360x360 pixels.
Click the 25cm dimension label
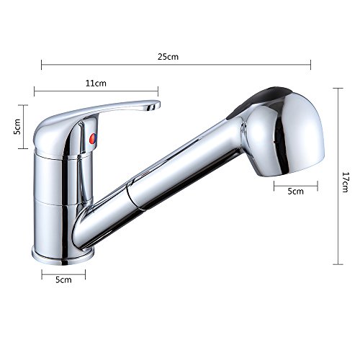click(168, 57)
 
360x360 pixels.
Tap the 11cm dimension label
click(96, 84)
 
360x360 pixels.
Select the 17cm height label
click(345, 182)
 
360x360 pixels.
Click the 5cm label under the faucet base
click(63, 279)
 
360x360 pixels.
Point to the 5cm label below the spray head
click(295, 192)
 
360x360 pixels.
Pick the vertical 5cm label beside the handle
click(17, 126)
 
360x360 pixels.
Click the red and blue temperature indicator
click(93, 139)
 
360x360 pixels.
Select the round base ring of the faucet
click(63, 256)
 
